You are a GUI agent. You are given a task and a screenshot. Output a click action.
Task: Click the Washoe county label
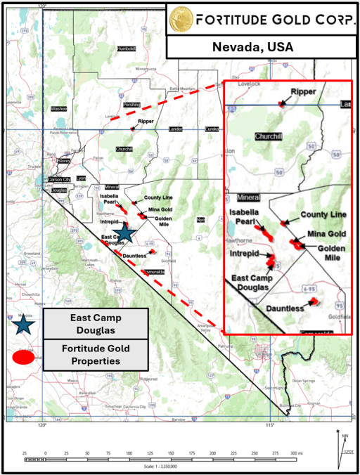[58, 109]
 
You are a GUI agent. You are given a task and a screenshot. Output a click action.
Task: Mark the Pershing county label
[131, 104]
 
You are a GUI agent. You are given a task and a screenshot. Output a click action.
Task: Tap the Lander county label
[176, 129]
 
